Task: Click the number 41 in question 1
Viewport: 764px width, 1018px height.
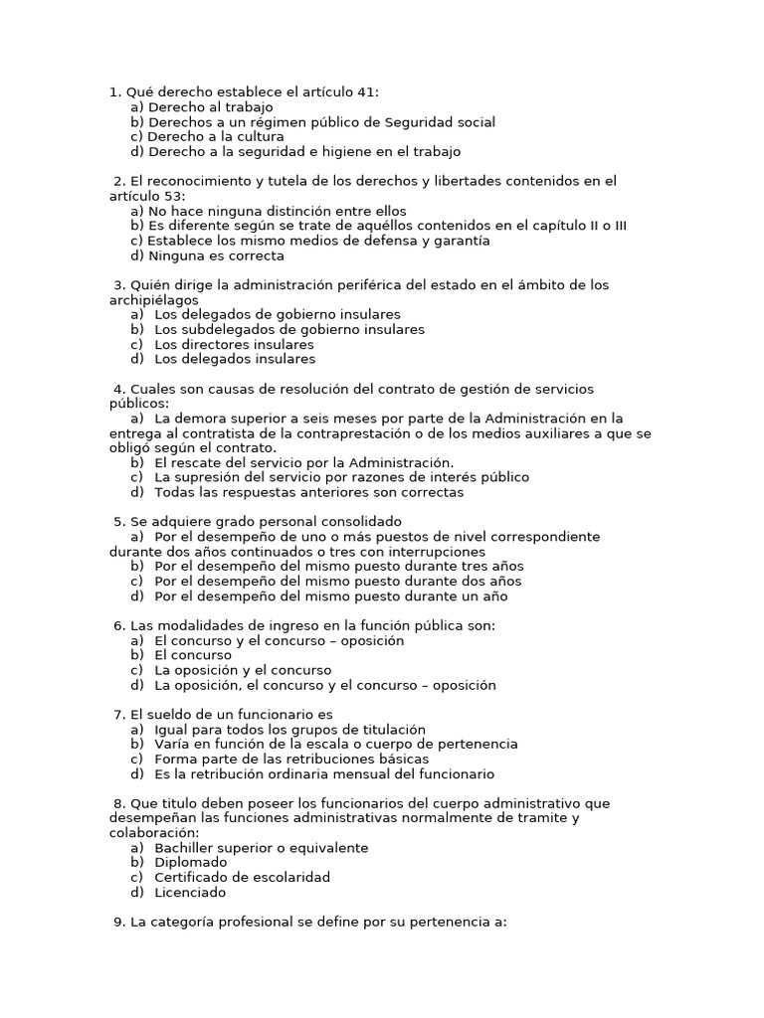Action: point(365,92)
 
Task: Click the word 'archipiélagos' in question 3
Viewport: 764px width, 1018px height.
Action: point(153,300)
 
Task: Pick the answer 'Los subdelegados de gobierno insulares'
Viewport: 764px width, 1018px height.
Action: point(288,329)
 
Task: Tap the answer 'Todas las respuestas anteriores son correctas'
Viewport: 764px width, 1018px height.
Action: point(308,492)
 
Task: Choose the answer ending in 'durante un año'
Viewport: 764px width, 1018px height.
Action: point(330,596)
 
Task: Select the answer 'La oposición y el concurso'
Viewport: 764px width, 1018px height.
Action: point(243,670)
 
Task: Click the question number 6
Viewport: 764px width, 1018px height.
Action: point(119,625)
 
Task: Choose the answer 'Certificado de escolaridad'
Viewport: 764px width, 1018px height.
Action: point(242,878)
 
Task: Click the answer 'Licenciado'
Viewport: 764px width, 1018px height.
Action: point(190,893)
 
